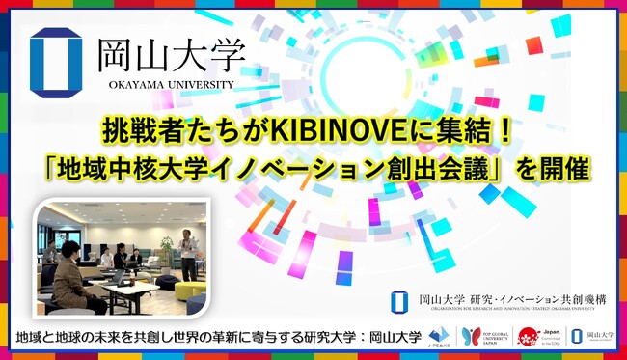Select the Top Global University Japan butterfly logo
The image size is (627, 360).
pos(482,335)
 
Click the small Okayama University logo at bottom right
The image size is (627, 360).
pos(587,335)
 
